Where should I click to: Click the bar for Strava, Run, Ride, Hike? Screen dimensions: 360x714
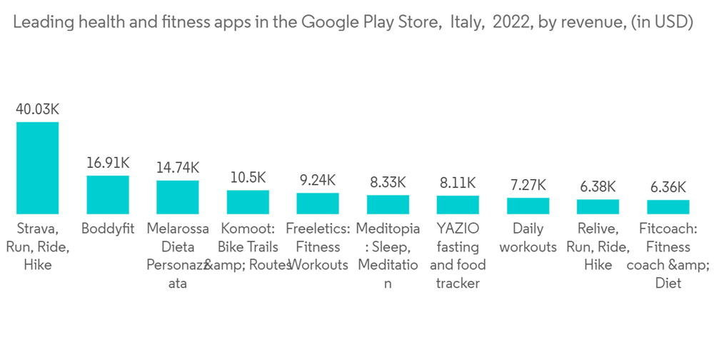coord(38,168)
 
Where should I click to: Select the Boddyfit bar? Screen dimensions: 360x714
coord(108,195)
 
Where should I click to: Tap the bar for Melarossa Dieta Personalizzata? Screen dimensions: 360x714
coord(178,197)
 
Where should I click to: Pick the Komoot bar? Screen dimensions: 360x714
coord(248,202)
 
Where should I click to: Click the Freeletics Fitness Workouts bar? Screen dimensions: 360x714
coord(318,204)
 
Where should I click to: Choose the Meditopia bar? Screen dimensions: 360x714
coord(388,205)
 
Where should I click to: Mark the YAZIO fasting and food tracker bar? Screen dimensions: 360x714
coord(458,205)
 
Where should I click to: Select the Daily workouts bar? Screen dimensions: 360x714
coord(528,206)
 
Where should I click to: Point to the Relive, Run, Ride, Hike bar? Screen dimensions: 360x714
coord(598,207)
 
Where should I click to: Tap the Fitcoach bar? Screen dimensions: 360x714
coord(668,207)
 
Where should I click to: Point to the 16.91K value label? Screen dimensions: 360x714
coord(108,163)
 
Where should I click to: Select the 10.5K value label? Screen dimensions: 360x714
coord(248,178)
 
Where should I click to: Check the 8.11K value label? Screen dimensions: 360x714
coord(458,183)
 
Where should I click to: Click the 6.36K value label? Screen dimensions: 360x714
coord(668,187)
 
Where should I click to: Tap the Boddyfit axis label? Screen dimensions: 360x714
coord(108,229)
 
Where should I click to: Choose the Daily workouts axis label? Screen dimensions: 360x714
coord(528,238)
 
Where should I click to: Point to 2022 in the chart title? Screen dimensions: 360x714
coord(510,22)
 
